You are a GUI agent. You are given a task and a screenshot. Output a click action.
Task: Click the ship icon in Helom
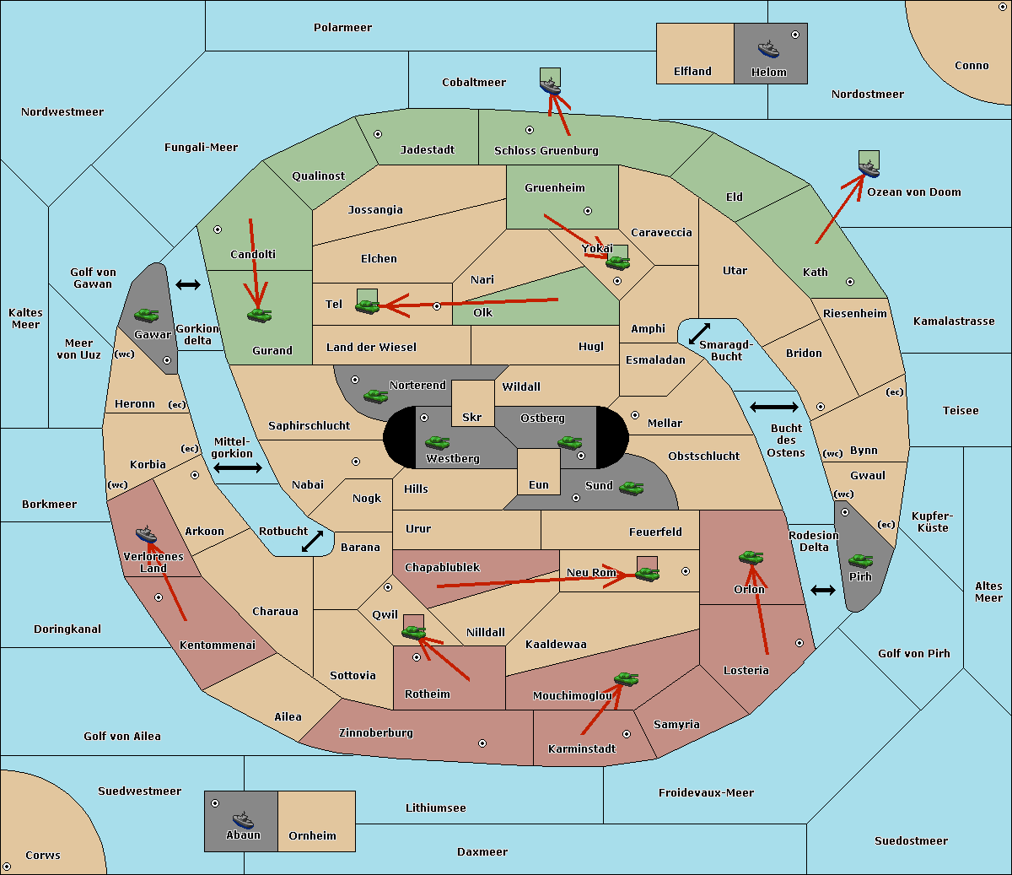click(x=767, y=50)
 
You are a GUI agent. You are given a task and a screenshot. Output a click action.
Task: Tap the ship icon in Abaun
click(x=243, y=819)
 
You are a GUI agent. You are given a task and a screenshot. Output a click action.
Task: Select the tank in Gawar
click(x=146, y=315)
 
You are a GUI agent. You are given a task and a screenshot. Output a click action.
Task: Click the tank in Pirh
click(x=860, y=561)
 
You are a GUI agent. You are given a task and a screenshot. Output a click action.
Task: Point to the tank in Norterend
click(x=375, y=396)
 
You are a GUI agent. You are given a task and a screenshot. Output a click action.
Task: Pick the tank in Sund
click(x=631, y=488)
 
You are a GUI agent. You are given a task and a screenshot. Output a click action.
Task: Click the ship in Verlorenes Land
click(x=146, y=534)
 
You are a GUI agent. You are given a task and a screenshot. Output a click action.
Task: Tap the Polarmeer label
click(x=342, y=28)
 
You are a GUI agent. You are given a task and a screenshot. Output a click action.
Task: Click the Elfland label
click(x=692, y=72)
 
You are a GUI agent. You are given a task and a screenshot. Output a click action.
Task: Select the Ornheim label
click(x=312, y=836)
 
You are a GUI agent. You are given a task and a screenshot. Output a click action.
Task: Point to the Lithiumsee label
click(x=435, y=808)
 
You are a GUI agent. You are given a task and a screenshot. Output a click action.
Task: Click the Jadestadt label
click(x=427, y=150)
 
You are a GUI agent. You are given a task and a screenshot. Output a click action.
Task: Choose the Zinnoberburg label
click(x=376, y=733)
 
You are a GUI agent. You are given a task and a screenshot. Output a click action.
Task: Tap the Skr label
click(x=471, y=418)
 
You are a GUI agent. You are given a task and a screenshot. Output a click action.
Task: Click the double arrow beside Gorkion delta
click(x=187, y=285)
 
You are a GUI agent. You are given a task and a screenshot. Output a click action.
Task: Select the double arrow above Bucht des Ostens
click(x=773, y=408)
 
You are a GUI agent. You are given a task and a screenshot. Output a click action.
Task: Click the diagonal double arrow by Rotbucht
click(x=312, y=542)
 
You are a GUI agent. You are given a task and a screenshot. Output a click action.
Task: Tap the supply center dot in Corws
click(x=8, y=867)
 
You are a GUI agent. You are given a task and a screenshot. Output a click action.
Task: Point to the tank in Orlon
click(x=751, y=558)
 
